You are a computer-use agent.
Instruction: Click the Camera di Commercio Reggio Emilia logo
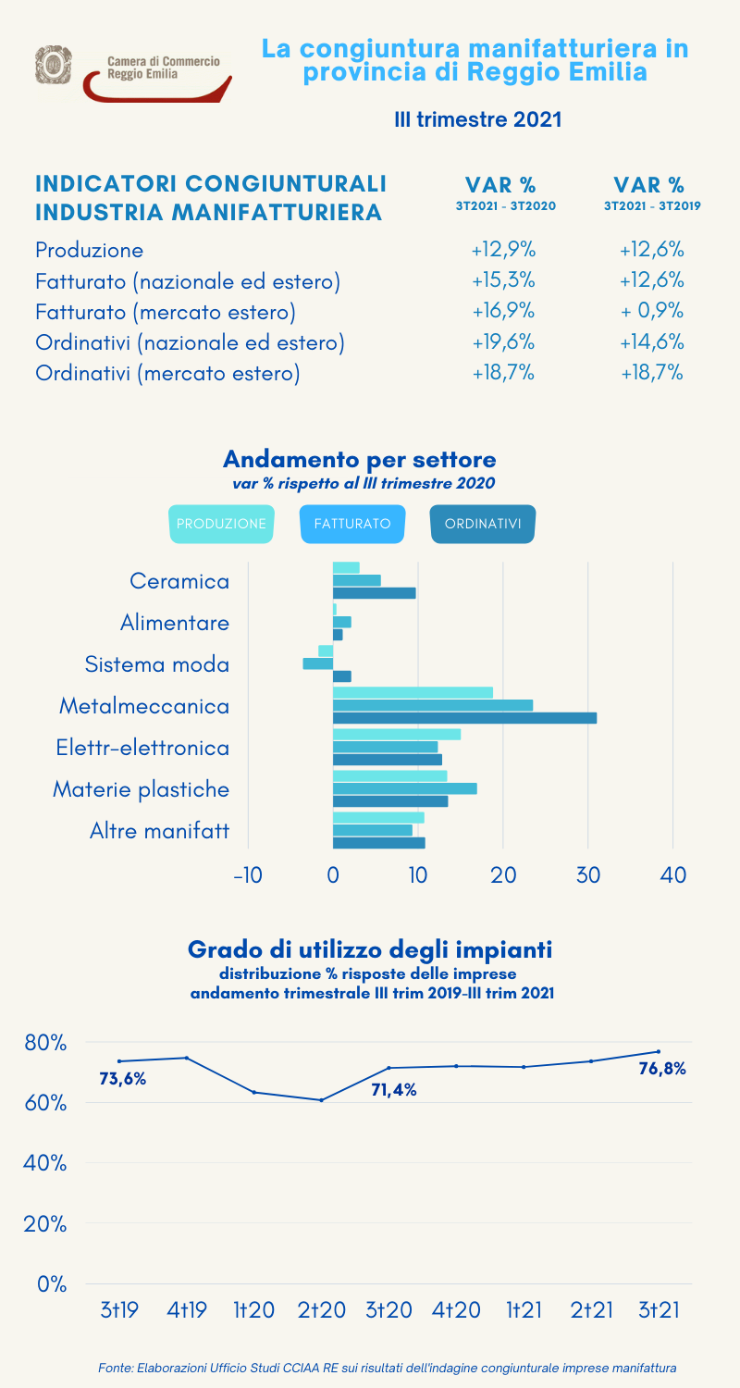coord(134,72)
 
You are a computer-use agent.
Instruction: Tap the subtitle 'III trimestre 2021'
coord(478,119)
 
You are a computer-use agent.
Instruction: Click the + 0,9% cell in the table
coord(652,310)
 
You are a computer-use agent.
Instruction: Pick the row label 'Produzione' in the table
coord(90,249)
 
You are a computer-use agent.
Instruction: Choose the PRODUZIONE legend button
coord(221,524)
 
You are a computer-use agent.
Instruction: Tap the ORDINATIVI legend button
coord(483,524)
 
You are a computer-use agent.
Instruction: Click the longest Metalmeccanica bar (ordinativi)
coord(464,718)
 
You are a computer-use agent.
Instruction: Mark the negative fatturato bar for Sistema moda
coord(317,663)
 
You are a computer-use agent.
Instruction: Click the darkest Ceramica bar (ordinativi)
coord(374,593)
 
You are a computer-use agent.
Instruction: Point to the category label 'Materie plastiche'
coord(141,789)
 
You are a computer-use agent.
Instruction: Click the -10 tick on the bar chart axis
coord(248,874)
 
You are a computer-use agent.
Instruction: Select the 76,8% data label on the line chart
coord(662,1069)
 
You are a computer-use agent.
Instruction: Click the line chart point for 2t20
coord(321,1100)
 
